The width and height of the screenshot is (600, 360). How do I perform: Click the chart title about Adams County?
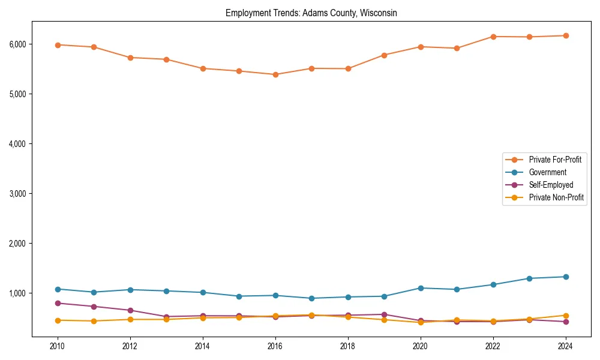(311, 13)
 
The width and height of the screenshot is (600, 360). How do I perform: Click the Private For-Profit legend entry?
(555, 160)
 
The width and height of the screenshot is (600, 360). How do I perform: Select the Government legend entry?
(547, 172)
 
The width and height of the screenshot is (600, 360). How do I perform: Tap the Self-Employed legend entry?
(551, 185)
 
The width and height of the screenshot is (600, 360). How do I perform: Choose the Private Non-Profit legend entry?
(556, 197)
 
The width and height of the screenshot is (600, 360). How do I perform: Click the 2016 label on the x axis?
(275, 346)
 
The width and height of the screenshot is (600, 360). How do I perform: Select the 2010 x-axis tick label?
(58, 346)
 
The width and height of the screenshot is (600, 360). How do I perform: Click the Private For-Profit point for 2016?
(275, 74)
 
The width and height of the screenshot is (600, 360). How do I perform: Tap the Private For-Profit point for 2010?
(58, 45)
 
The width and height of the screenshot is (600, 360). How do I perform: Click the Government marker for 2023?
(529, 278)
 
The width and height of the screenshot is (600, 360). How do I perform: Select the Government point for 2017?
(311, 298)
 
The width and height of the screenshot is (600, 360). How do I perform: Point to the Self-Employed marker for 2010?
(58, 303)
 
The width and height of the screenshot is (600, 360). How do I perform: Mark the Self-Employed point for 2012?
(130, 310)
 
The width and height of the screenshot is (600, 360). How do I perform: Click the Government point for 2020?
(421, 288)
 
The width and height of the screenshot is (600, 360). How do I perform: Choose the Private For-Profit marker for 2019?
(384, 55)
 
